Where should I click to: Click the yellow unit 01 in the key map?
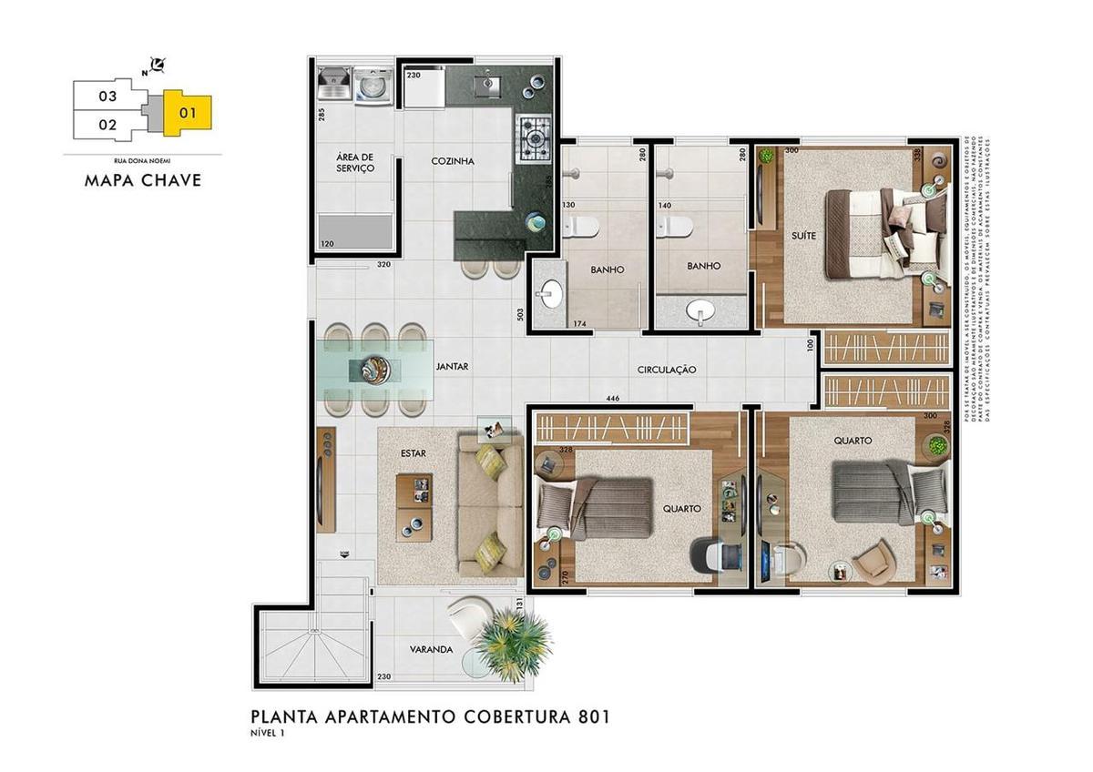188,113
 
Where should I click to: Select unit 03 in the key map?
107,96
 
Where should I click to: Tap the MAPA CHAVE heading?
142,179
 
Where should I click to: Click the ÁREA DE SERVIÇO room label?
354,163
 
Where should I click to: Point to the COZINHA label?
453,161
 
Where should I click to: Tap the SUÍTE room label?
803,235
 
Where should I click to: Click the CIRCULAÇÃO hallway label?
666,370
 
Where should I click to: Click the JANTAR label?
452,367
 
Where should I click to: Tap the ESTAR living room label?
413,452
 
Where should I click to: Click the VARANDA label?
431,649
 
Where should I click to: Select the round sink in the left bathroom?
550,294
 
